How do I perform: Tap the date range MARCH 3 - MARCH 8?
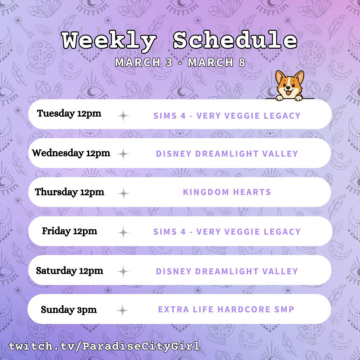pyautogui.click(x=180, y=62)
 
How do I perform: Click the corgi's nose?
pyautogui.click(x=288, y=87)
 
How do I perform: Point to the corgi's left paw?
pyautogui.click(x=279, y=98)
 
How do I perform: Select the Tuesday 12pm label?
pyautogui.click(x=69, y=113)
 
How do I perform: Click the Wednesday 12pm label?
pyautogui.click(x=71, y=153)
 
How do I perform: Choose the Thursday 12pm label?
pyautogui.click(x=69, y=192)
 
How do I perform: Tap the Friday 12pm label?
pyautogui.click(x=69, y=231)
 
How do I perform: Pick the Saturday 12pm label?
pyautogui.click(x=69, y=271)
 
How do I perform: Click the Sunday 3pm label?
pyautogui.click(x=69, y=310)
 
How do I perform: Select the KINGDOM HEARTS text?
pyautogui.click(x=227, y=192)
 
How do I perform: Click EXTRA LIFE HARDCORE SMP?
pyautogui.click(x=226, y=309)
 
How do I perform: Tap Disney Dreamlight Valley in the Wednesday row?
pyautogui.click(x=227, y=154)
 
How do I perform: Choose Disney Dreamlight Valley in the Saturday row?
pyautogui.click(x=227, y=271)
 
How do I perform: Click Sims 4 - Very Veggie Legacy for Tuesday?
pyautogui.click(x=227, y=116)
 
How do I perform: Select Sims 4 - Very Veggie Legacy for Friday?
pyautogui.click(x=227, y=232)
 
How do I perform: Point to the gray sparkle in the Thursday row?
pyautogui.click(x=124, y=193)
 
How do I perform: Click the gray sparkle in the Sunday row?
pyautogui.click(x=123, y=310)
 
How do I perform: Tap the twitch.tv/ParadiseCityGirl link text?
pyautogui.click(x=104, y=346)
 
